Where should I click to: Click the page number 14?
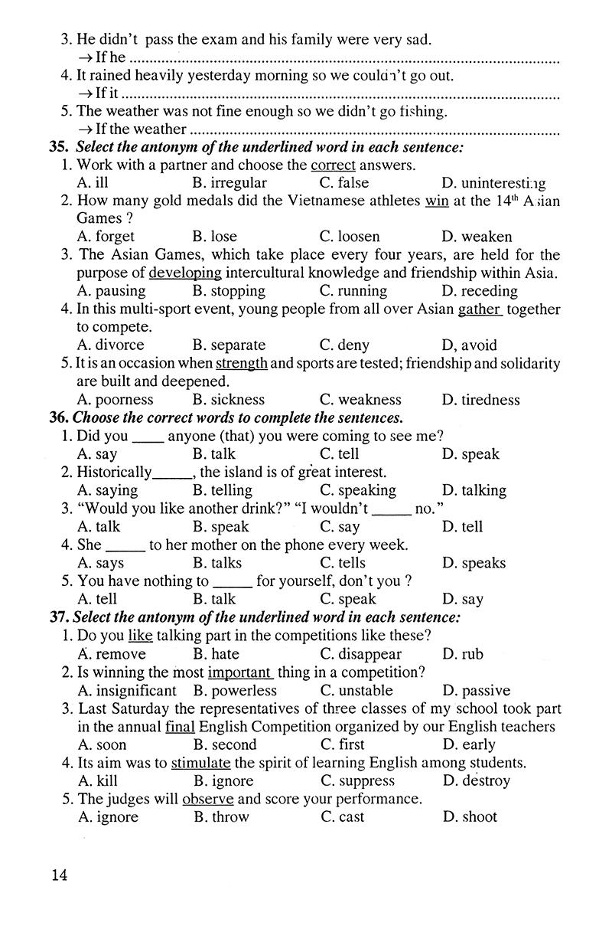(x=59, y=875)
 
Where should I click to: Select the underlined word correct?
(x=333, y=165)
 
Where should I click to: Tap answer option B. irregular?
(x=229, y=183)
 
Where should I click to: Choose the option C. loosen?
(x=349, y=237)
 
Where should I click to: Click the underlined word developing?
(x=185, y=273)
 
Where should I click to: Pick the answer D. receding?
(x=480, y=291)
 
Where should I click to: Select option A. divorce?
(x=111, y=345)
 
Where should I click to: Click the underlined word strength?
(x=241, y=364)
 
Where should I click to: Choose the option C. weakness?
(x=360, y=400)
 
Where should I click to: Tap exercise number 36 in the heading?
(x=58, y=418)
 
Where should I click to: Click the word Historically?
(x=115, y=473)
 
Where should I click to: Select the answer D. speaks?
(x=474, y=563)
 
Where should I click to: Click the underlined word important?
(x=240, y=672)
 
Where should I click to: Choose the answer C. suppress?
(x=357, y=781)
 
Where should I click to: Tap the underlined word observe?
(x=207, y=799)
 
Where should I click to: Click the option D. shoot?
(x=470, y=817)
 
